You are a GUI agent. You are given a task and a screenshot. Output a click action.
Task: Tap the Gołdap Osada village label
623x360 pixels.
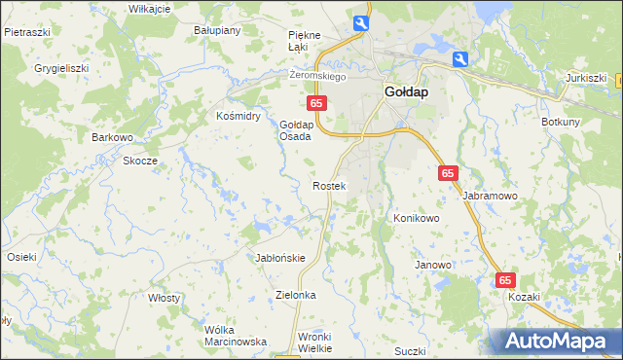tap(296, 131)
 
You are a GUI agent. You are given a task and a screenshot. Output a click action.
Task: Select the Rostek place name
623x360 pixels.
tap(328, 185)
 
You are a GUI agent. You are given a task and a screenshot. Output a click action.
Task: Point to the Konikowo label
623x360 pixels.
tap(417, 218)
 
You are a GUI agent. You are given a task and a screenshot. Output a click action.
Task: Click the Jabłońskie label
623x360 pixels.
tap(280, 258)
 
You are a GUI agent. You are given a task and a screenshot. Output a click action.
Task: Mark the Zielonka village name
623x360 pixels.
tap(297, 294)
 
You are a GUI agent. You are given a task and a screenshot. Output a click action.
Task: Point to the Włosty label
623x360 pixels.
tap(164, 298)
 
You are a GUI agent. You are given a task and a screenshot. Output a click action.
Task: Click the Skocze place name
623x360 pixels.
tap(140, 161)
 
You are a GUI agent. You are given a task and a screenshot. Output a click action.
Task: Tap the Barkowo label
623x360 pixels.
tap(112, 137)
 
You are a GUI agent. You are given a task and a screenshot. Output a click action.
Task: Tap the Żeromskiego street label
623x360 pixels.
tap(318, 75)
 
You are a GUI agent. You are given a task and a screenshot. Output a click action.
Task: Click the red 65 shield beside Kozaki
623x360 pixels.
tap(505, 279)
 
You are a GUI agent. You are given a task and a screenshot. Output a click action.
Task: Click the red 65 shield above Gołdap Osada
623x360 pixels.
tap(315, 102)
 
